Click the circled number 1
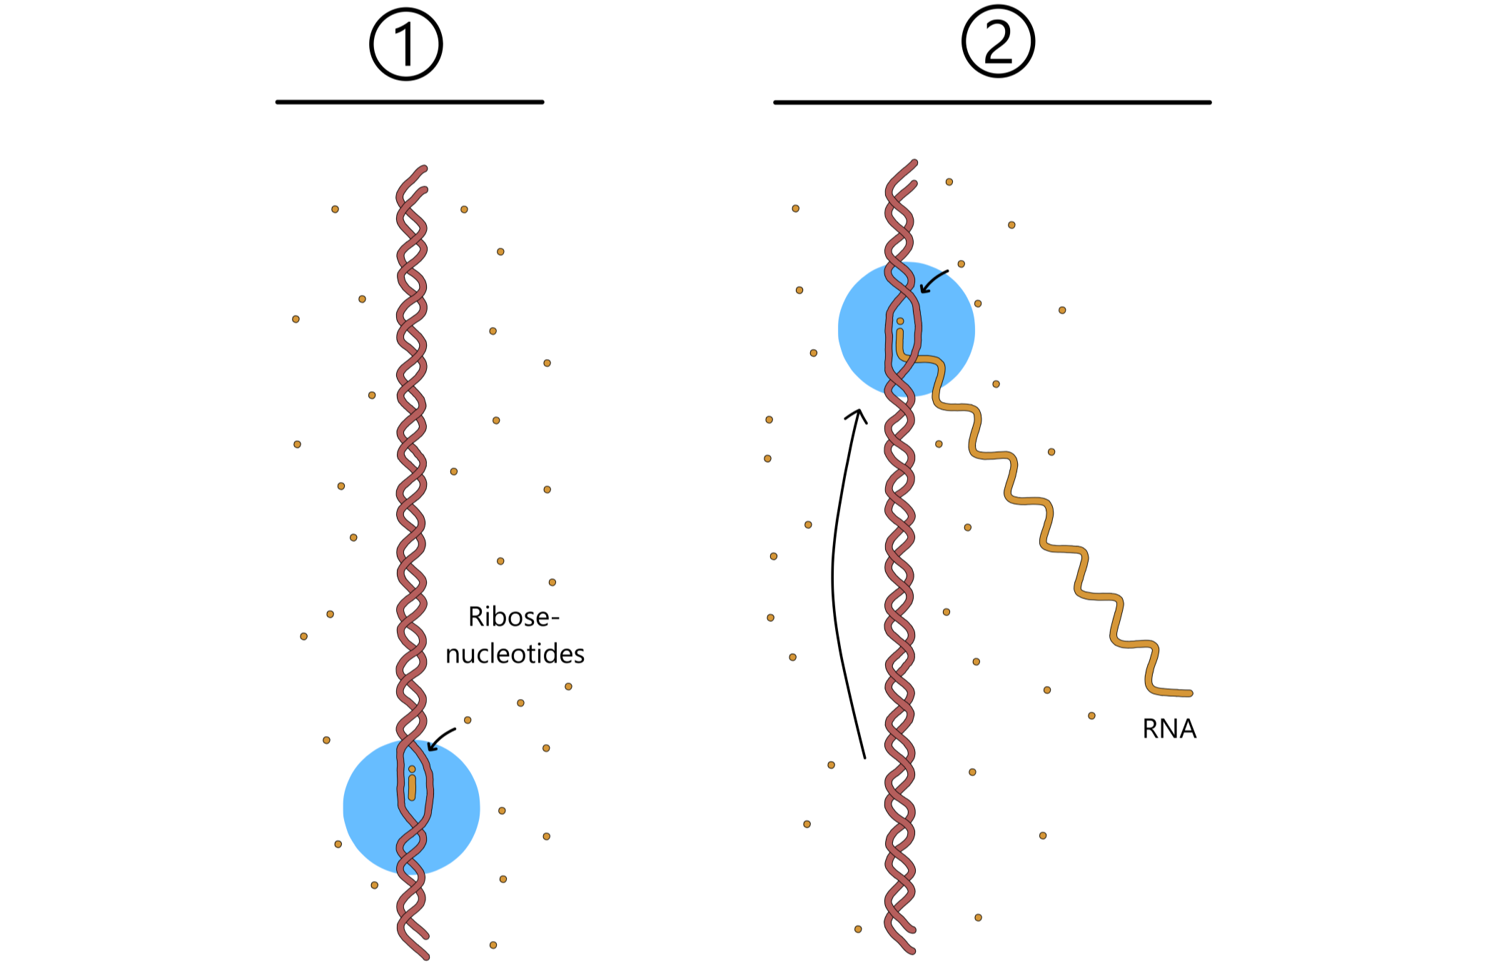[x=406, y=44]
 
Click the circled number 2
[x=998, y=41]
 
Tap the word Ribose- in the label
[x=513, y=617]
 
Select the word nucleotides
[x=515, y=654]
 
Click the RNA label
[x=1169, y=729]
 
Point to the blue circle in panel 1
[x=371, y=807]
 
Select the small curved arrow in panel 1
[x=441, y=738]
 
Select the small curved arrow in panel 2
[x=934, y=281]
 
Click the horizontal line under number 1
[x=410, y=102]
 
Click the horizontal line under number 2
[x=992, y=102]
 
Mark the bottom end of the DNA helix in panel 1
[x=425, y=955]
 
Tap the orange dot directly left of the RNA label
[x=1091, y=715]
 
